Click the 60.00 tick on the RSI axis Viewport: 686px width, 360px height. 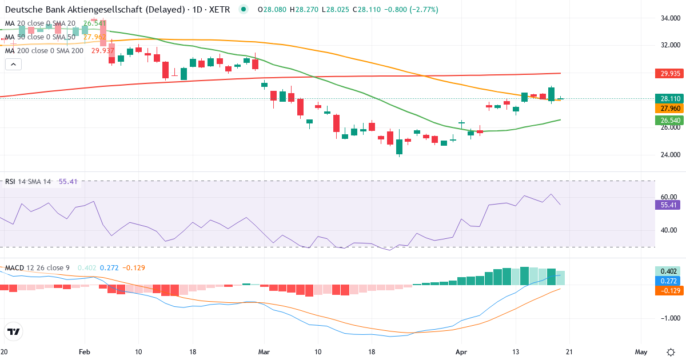point(669,197)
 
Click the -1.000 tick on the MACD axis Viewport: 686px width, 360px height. point(669,318)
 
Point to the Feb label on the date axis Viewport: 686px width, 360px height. point(85,352)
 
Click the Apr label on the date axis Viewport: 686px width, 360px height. point(461,352)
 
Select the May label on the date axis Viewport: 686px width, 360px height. point(641,352)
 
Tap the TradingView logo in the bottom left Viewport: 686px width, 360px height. point(14,331)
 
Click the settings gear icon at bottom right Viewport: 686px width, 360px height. point(671,352)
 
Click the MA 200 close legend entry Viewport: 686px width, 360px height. point(44,50)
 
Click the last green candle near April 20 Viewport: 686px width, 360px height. point(561,98)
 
